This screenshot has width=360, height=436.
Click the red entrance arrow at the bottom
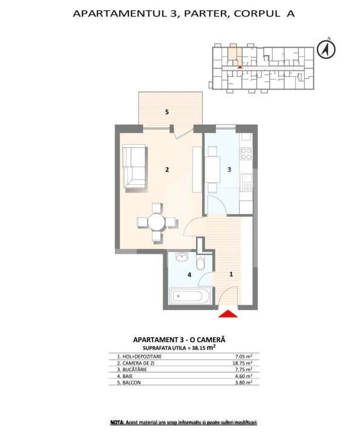(x=228, y=314)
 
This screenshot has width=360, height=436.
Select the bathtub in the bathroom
(x=189, y=297)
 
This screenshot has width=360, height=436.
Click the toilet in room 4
(x=202, y=262)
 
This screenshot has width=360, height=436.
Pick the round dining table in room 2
(x=157, y=222)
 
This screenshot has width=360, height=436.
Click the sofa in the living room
(x=134, y=167)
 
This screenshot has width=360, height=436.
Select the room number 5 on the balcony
(x=166, y=112)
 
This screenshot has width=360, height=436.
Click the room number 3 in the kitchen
(x=229, y=170)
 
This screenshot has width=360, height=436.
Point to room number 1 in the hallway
(x=231, y=274)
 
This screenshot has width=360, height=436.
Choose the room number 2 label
(x=166, y=170)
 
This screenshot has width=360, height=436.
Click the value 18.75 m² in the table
(x=243, y=363)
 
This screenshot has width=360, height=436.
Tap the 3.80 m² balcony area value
(x=243, y=383)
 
